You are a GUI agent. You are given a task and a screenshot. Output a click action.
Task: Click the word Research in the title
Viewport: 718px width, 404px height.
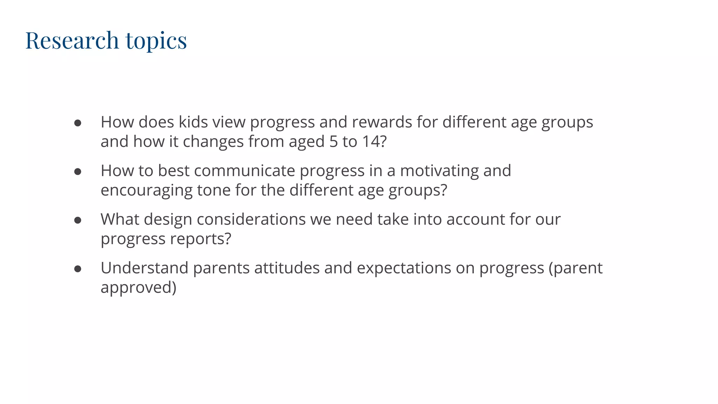72,40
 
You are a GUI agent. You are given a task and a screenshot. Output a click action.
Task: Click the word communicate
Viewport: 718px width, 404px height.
244,171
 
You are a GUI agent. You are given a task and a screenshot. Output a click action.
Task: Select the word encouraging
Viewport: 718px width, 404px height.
147,190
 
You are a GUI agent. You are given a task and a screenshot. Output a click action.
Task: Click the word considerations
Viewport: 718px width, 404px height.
251,219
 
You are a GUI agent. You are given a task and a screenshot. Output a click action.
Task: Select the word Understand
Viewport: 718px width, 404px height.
144,268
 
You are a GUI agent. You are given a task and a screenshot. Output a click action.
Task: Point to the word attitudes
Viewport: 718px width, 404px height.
287,268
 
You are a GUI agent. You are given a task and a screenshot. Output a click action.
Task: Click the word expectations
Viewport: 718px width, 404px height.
404,268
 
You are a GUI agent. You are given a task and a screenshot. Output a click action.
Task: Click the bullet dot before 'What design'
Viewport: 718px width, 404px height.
78,220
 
